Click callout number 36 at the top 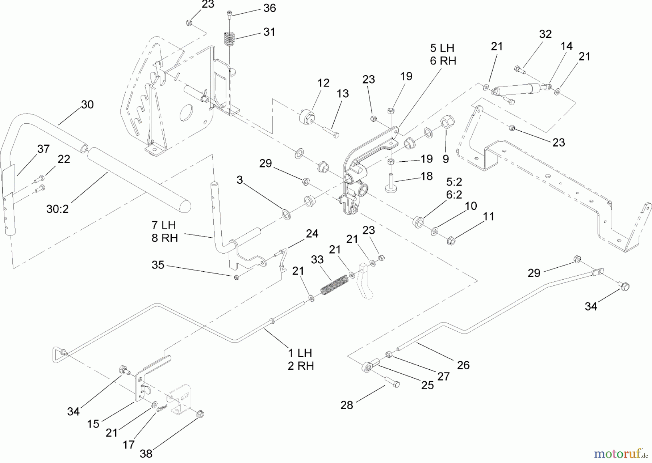point(269,8)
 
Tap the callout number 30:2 point(57,209)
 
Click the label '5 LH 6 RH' point(443,55)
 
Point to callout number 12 point(323,83)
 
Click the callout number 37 point(43,149)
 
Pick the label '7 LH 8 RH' point(164,231)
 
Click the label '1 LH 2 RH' point(301,359)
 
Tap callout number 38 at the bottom point(146,453)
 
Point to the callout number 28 point(347,405)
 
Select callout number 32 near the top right point(545,34)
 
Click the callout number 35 point(158,265)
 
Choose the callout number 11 point(489,216)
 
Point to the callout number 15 point(93,424)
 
